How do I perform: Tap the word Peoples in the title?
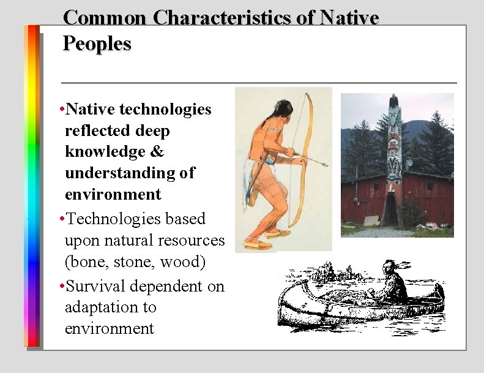click(x=97, y=44)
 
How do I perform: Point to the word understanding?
click(x=121, y=173)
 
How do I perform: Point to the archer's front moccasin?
click(x=280, y=233)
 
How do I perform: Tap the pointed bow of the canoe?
click(x=283, y=288)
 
